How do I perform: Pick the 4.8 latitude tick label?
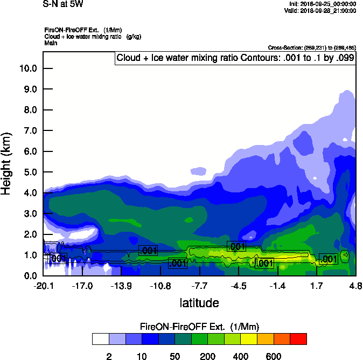[355, 286]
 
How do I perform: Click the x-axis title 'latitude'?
[199, 303]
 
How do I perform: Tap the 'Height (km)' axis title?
[7, 163]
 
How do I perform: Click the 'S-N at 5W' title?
[63, 4]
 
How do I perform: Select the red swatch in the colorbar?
[298, 339]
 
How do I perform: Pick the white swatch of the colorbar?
[100, 339]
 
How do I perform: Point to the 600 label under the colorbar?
[274, 356]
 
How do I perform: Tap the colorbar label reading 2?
[109, 356]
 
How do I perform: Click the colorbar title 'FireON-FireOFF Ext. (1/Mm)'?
[199, 327]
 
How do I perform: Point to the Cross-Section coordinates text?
[311, 48]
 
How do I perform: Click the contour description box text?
[235, 58]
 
